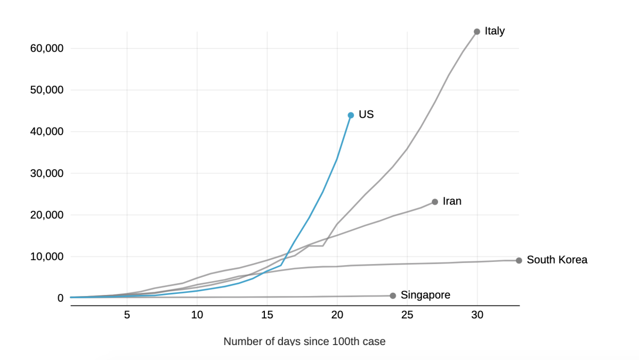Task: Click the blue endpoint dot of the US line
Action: tap(351, 115)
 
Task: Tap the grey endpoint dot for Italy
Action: tap(477, 31)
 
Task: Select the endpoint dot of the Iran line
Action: tap(435, 202)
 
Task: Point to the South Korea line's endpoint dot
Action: tap(519, 260)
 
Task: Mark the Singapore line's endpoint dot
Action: tap(393, 295)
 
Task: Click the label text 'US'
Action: tap(366, 114)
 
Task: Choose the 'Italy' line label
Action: tap(495, 31)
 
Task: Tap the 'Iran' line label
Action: tap(452, 201)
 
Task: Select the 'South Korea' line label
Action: tap(557, 260)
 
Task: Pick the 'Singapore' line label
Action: tap(425, 295)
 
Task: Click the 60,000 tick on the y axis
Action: tap(47, 49)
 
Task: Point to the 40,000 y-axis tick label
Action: tap(47, 132)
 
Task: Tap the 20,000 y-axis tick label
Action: tap(47, 215)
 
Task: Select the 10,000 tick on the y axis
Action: tap(47, 257)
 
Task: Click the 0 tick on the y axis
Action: tap(60, 298)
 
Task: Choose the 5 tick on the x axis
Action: tap(127, 315)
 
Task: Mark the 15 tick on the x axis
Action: tap(267, 315)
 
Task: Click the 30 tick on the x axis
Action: tap(478, 315)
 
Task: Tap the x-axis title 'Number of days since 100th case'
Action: tap(304, 341)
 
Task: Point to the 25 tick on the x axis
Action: tap(407, 315)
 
